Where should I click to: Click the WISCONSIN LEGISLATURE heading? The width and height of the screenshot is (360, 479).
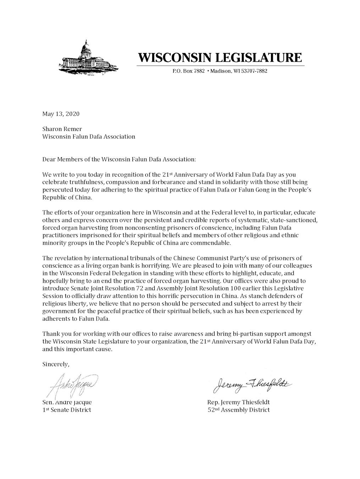[220, 57]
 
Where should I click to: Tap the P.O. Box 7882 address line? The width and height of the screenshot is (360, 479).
[220, 71]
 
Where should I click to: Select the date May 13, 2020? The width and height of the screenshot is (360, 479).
[61, 114]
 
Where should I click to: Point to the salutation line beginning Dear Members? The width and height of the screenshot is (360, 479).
[119, 159]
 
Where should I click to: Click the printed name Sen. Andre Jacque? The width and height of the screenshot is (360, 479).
[67, 402]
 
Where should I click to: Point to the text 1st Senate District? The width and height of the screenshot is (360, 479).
[67, 410]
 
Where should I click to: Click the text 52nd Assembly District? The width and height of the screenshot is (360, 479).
[239, 410]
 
